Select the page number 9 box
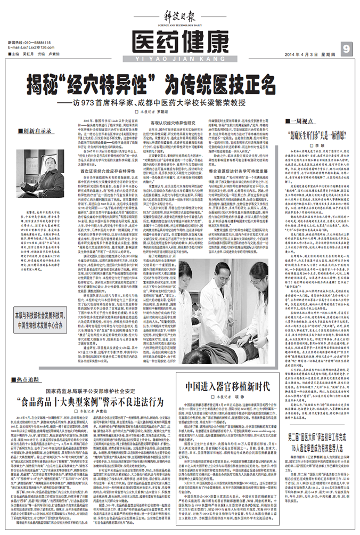click(x=346, y=49)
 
